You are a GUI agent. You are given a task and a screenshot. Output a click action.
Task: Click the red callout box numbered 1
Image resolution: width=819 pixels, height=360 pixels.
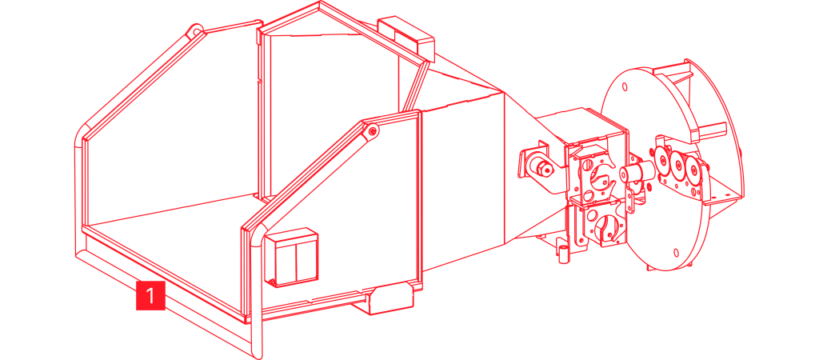[150, 294]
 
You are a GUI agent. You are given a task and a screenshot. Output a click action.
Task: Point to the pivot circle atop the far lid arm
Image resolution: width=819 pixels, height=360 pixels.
[194, 31]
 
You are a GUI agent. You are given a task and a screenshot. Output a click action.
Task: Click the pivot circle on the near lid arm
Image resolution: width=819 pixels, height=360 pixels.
[372, 131]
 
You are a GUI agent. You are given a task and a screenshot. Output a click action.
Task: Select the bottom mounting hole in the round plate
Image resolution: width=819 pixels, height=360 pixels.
[677, 253]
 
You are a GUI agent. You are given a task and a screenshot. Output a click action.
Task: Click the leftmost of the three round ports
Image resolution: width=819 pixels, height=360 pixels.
[664, 159]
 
